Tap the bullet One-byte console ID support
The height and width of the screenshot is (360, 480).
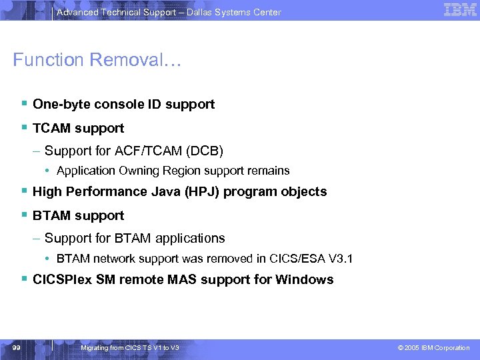coord(123,104)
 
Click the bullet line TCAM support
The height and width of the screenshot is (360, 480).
coord(78,127)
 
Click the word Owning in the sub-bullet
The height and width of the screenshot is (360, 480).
coord(137,171)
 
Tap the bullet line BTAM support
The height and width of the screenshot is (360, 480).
coord(78,215)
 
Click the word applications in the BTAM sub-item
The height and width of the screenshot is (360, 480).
coord(192,238)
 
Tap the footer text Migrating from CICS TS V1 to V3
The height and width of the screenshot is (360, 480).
coord(129,348)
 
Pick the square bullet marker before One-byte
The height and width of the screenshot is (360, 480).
coord(24,103)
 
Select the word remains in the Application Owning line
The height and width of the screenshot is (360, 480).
coord(270,171)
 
